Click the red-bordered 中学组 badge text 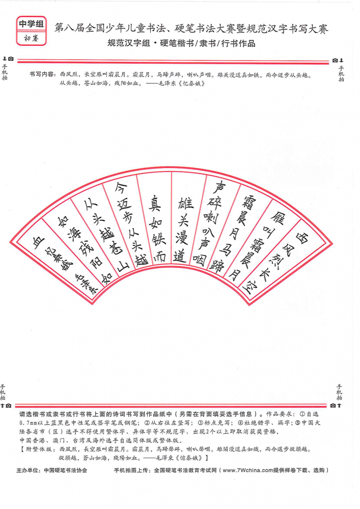tap(31, 24)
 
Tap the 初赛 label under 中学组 tap(31, 38)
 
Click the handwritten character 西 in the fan tap(301, 238)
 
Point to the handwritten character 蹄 tap(217, 266)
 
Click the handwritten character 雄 tap(186, 203)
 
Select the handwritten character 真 tap(154, 204)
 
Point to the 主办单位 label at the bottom tap(29, 470)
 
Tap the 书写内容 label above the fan tap(42, 74)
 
